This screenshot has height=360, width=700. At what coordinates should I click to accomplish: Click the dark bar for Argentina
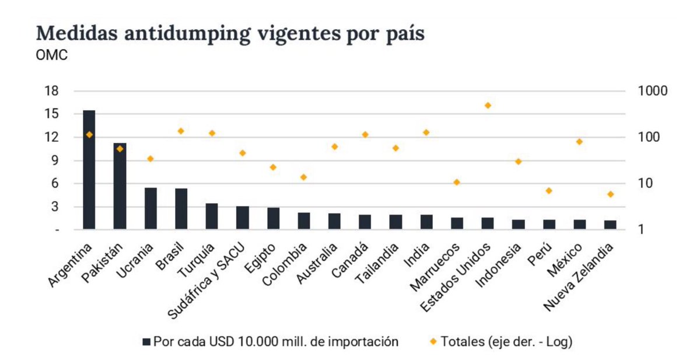(89, 169)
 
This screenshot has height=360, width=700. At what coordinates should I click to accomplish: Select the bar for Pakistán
(120, 186)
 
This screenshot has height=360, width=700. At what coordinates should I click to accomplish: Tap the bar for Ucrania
(150, 208)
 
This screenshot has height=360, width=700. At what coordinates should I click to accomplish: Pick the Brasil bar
(181, 208)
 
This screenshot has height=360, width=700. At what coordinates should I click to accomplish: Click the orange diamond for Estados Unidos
(488, 106)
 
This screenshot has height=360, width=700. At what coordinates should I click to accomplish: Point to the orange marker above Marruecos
(457, 182)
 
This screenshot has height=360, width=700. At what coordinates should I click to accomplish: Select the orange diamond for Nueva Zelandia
(610, 194)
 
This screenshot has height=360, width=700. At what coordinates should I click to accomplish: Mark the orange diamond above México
(579, 142)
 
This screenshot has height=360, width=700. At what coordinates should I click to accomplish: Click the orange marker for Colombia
(303, 177)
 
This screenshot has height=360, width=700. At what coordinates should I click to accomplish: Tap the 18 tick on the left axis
(51, 91)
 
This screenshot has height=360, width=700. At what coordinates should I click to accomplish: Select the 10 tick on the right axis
(646, 183)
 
